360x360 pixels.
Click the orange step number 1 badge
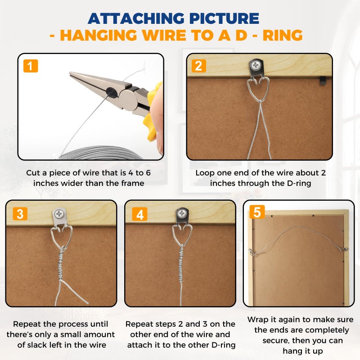click(31, 66)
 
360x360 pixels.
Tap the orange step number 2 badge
click(198, 66)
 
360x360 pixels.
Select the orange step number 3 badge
click(20, 213)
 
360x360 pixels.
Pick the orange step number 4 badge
click(139, 214)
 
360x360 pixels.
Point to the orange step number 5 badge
click(257, 211)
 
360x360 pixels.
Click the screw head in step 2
click(256, 65)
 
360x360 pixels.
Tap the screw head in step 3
click(59, 214)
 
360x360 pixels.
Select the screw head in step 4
click(183, 213)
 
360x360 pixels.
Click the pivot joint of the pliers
click(128, 97)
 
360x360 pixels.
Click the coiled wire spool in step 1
click(101, 153)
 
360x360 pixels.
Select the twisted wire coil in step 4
click(181, 264)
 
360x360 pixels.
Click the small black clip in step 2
click(323, 81)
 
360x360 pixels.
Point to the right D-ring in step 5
click(345, 249)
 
